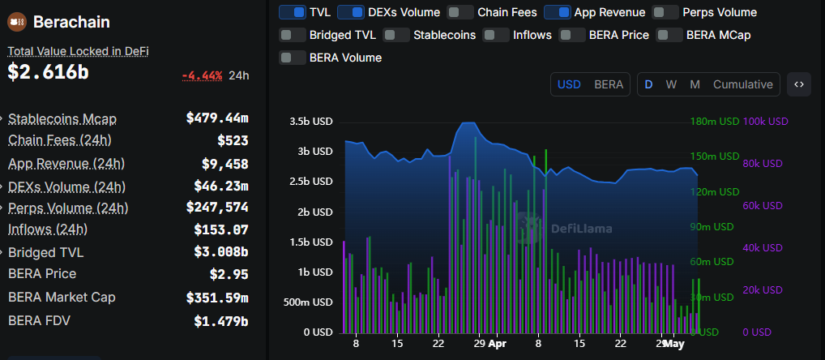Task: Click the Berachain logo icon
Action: tap(19, 22)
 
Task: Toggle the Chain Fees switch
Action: tap(460, 12)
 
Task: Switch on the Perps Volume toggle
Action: tap(665, 12)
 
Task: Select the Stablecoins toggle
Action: tap(395, 35)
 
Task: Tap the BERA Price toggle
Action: tap(571, 35)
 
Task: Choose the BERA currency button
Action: tap(609, 84)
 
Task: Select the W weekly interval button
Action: tap(671, 84)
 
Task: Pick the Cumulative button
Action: tap(742, 84)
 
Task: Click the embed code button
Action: tap(798, 84)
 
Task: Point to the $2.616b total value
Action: tap(48, 72)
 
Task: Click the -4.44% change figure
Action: tap(202, 75)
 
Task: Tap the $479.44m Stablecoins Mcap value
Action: tap(217, 118)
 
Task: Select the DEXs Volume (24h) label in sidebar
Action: tap(66, 186)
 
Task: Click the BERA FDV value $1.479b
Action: tap(220, 320)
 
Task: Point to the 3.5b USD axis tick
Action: tap(312, 122)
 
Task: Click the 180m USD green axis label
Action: tap(714, 122)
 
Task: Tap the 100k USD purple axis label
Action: tap(765, 122)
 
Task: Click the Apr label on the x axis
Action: tap(497, 344)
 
